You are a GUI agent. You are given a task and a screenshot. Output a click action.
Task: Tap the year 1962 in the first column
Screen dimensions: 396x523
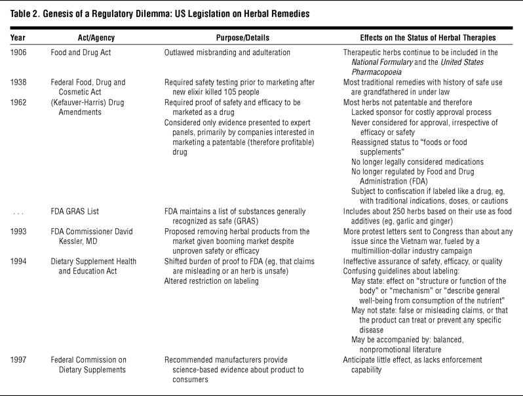(x=19, y=102)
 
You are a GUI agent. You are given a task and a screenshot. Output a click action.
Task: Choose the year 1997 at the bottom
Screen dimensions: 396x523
(x=19, y=359)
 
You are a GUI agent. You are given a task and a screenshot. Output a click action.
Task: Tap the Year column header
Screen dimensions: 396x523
(x=18, y=37)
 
